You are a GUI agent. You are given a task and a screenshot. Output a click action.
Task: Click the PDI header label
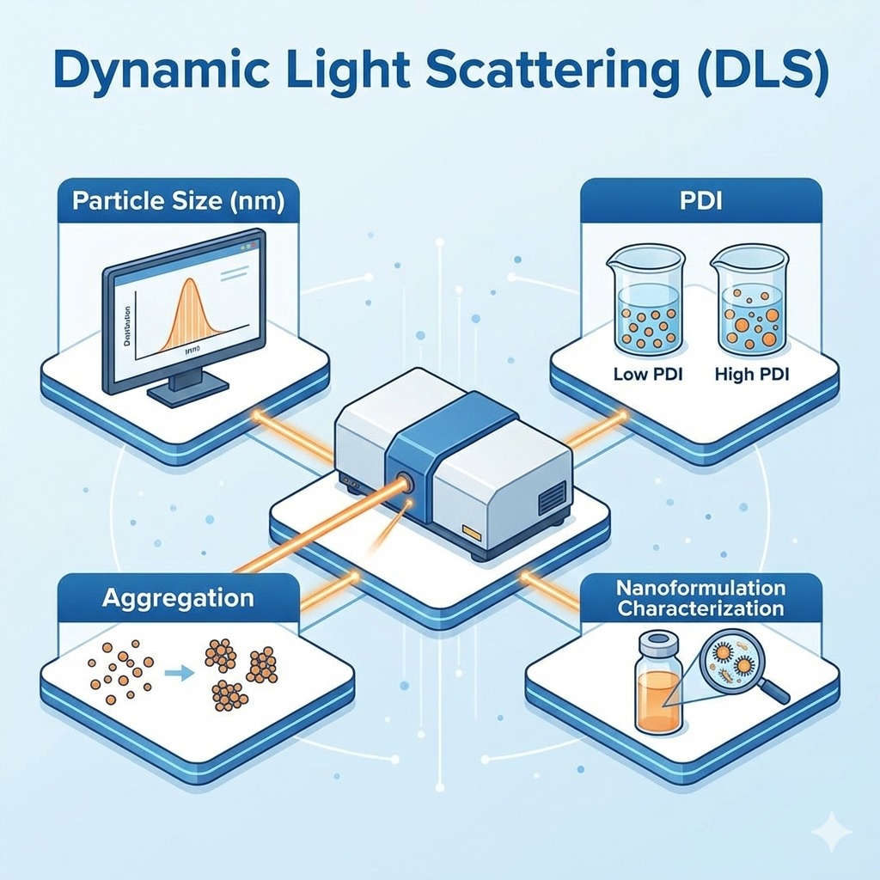700,203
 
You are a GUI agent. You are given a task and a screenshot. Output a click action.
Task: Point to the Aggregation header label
178,598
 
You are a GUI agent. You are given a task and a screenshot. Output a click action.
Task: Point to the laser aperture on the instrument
404,484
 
